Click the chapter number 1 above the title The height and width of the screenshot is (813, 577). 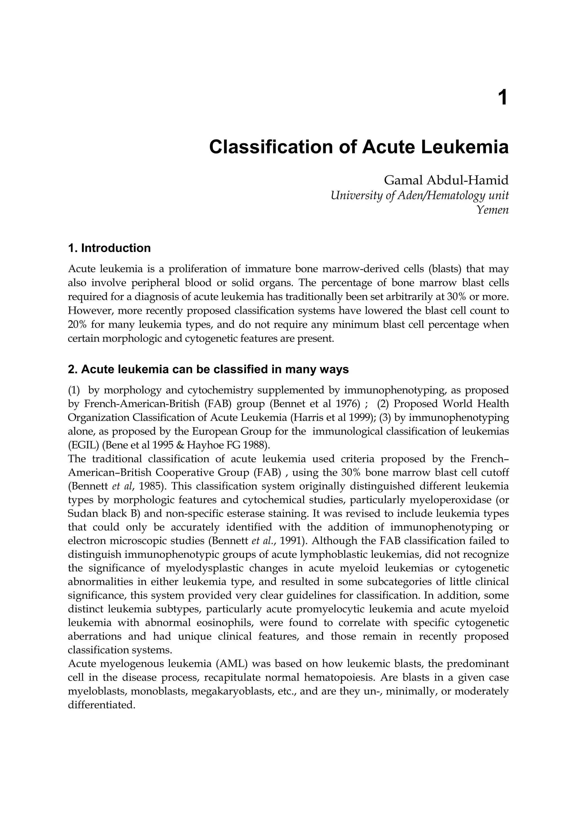click(x=502, y=98)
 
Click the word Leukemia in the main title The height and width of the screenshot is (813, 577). click(x=465, y=147)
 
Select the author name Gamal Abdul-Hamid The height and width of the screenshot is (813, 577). click(x=446, y=180)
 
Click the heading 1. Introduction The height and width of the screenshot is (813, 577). click(x=109, y=248)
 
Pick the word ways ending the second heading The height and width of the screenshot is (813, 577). click(x=336, y=369)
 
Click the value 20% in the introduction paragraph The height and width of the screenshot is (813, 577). click(x=76, y=325)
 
